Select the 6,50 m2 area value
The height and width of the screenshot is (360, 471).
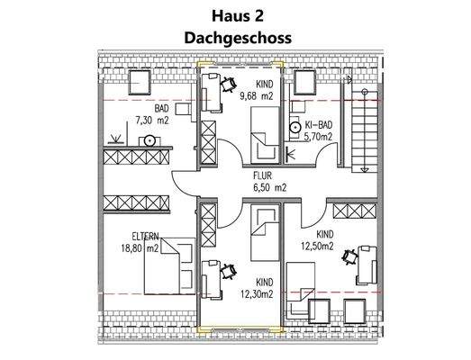click(268, 188)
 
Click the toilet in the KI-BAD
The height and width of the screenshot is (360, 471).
click(294, 130)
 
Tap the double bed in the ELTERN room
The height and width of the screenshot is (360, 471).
click(172, 263)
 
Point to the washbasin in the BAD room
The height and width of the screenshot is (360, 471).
click(149, 140)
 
